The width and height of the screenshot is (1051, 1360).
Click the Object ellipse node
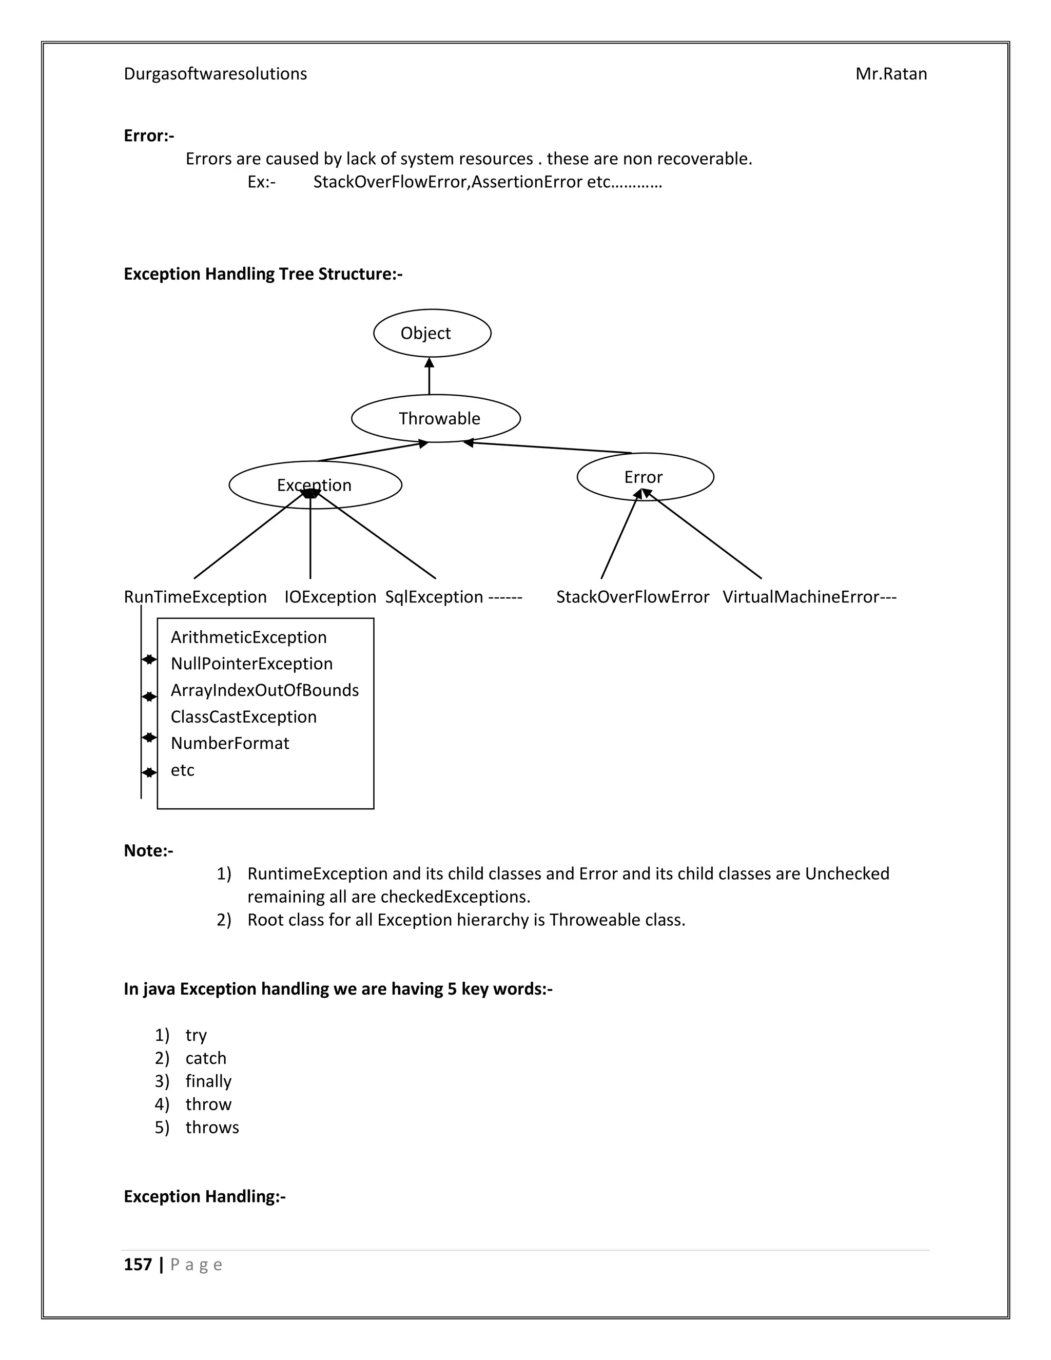pyautogui.click(x=432, y=333)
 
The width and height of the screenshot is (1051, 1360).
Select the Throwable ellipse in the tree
pyautogui.click(x=436, y=418)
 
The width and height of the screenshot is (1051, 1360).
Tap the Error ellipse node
pyautogui.click(x=645, y=477)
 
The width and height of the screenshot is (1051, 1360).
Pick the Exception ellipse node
pyautogui.click(x=315, y=485)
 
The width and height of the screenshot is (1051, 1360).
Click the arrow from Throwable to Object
pyautogui.click(x=429, y=376)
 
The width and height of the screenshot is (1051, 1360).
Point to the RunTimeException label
pyautogui.click(x=195, y=597)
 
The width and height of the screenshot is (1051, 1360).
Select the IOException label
pyautogui.click(x=330, y=597)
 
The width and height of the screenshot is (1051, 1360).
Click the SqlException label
pyautogui.click(x=434, y=597)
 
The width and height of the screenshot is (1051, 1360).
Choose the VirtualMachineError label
pyautogui.click(x=801, y=597)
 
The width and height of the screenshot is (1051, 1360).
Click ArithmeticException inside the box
pyautogui.click(x=248, y=637)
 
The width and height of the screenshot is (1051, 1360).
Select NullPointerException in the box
pyautogui.click(x=251, y=664)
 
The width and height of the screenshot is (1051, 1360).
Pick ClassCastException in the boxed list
pyautogui.click(x=243, y=717)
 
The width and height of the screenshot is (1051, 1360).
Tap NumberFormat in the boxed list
pyautogui.click(x=230, y=744)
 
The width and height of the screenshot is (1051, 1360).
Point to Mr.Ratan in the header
pyautogui.click(x=891, y=74)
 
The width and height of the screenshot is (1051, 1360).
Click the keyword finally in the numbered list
pyautogui.click(x=208, y=1081)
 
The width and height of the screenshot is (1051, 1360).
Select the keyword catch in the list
pyautogui.click(x=205, y=1058)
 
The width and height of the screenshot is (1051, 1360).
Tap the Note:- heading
pyautogui.click(x=148, y=850)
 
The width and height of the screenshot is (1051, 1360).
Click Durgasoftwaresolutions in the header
pyautogui.click(x=216, y=74)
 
